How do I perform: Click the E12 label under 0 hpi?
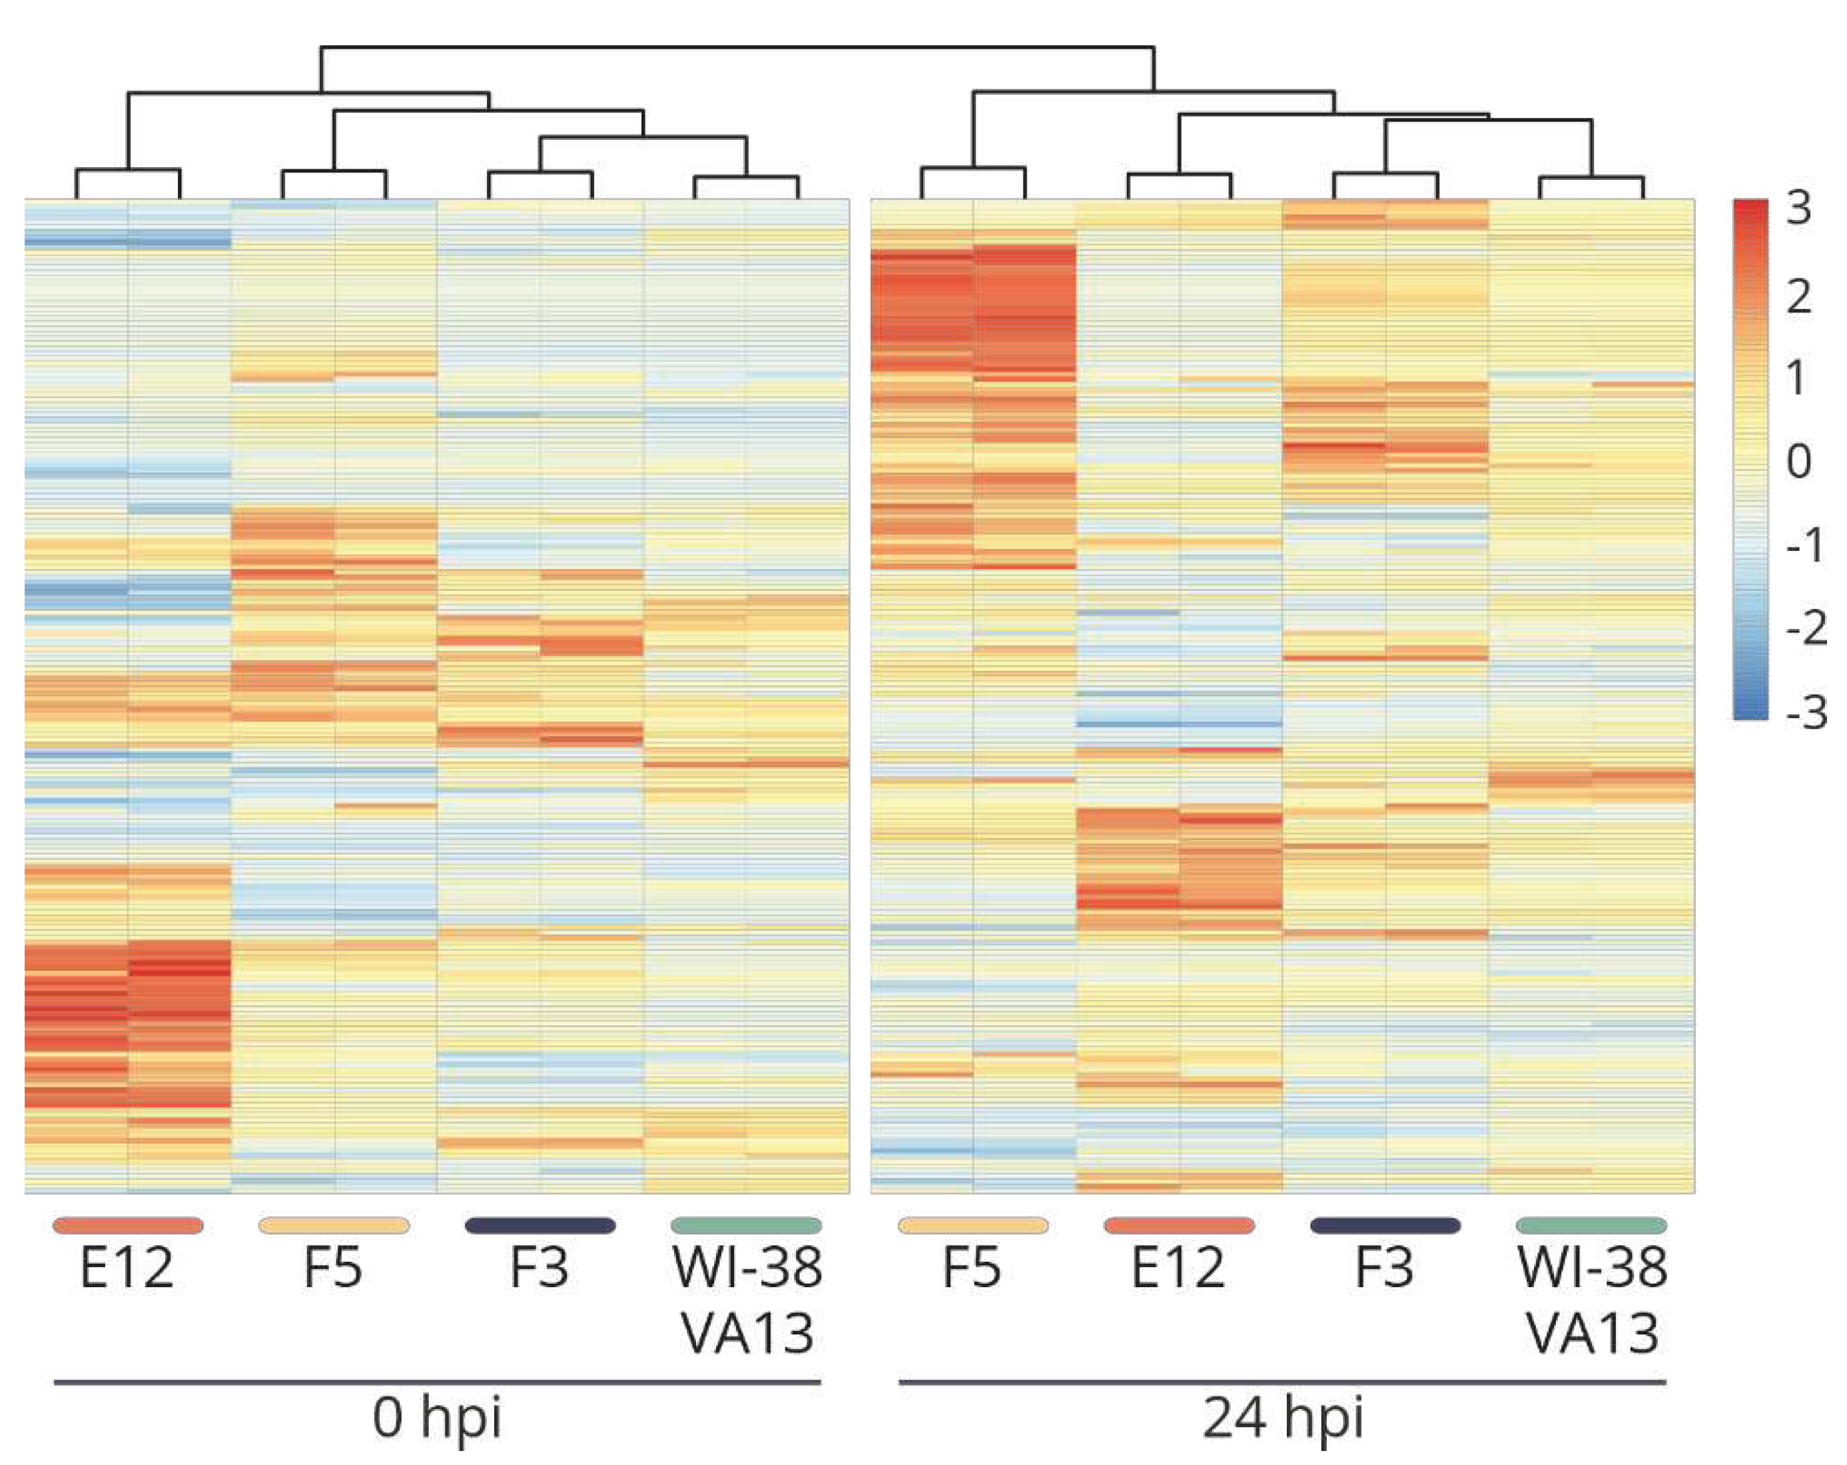click(x=127, y=1268)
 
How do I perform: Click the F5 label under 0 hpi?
click(x=333, y=1268)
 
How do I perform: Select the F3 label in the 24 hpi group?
click(x=1384, y=1268)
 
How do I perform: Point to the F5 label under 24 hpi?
click(x=972, y=1268)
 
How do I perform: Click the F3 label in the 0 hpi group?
click(x=539, y=1268)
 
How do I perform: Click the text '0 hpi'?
click(x=437, y=1418)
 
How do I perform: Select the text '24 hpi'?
click(x=1282, y=1418)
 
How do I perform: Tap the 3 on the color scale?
click(x=1798, y=208)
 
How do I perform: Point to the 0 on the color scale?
click(x=1798, y=461)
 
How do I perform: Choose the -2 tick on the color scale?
click(x=1806, y=628)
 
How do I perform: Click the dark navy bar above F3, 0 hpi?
click(x=540, y=1226)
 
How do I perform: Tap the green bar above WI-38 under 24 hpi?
click(x=1591, y=1226)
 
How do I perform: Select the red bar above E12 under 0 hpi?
click(x=128, y=1226)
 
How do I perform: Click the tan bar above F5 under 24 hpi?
click(x=972, y=1226)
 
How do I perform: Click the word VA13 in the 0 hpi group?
click(x=747, y=1334)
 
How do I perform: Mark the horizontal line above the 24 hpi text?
click(x=1282, y=1382)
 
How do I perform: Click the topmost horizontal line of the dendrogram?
click(x=737, y=47)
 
